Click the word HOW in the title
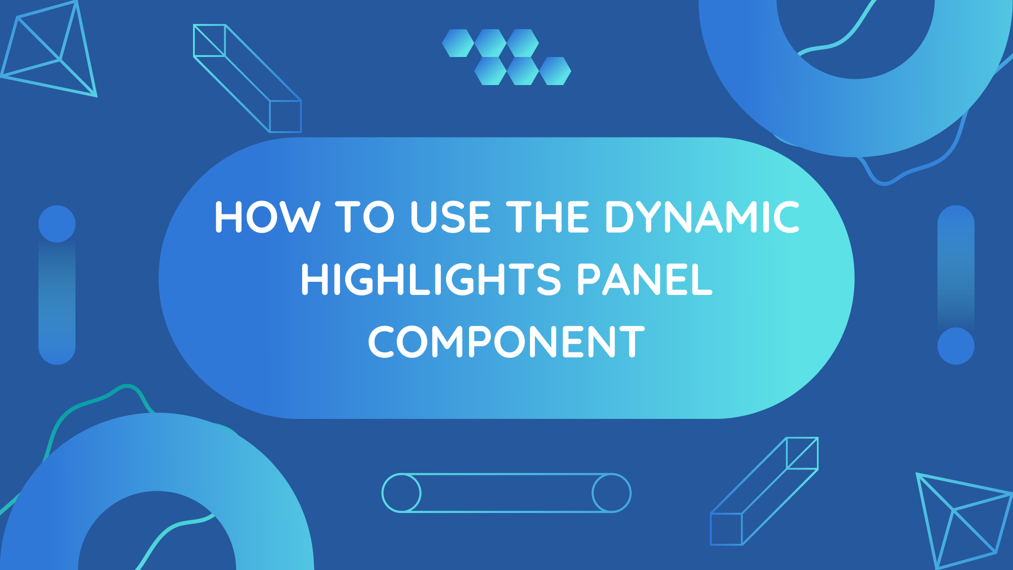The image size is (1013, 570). (x=267, y=217)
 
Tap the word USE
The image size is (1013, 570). (x=450, y=217)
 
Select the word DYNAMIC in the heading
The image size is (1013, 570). (x=702, y=217)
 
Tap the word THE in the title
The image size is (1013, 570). (x=547, y=217)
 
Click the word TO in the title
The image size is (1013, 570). (x=364, y=217)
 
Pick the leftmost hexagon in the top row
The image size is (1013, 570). (x=458, y=43)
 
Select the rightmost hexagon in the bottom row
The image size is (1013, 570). (x=555, y=71)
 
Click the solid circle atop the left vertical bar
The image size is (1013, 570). (x=57, y=224)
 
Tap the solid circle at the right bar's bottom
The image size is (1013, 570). (x=956, y=346)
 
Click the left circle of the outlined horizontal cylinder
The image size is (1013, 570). (x=402, y=493)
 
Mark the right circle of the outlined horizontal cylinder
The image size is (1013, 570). (x=611, y=493)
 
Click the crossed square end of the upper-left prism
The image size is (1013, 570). (x=209, y=40)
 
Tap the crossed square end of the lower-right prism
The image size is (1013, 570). (x=802, y=453)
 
